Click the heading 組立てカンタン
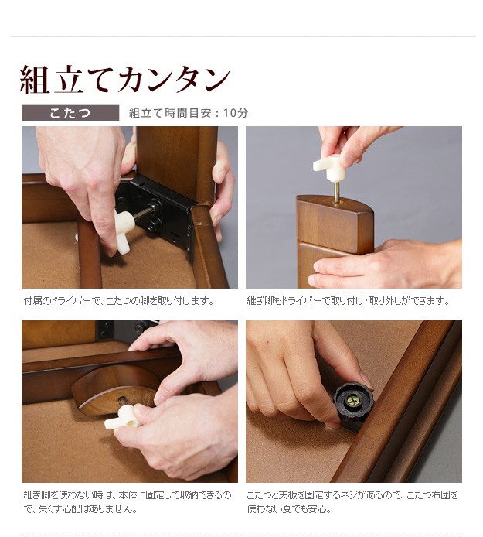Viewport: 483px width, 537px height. (125, 79)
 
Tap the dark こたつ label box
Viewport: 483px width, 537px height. (70, 113)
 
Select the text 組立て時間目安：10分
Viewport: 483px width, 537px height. (188, 113)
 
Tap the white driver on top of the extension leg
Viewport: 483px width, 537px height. (328, 168)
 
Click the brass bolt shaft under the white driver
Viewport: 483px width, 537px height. (337, 193)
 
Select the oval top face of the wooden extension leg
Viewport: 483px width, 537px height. (335, 206)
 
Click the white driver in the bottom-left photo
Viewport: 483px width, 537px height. (122, 418)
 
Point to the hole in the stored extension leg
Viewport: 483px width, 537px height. (122, 399)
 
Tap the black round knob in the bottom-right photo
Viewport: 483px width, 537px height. (353, 402)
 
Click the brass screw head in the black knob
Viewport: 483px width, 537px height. (353, 401)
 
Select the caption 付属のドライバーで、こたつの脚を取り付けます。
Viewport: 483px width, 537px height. (119, 301)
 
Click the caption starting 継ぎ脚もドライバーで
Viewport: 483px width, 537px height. (349, 301)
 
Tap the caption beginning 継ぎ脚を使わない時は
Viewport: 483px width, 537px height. (128, 502)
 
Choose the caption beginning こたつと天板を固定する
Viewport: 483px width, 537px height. (352, 502)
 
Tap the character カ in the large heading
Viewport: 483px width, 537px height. (131, 79)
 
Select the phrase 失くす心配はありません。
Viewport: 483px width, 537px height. (88, 509)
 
